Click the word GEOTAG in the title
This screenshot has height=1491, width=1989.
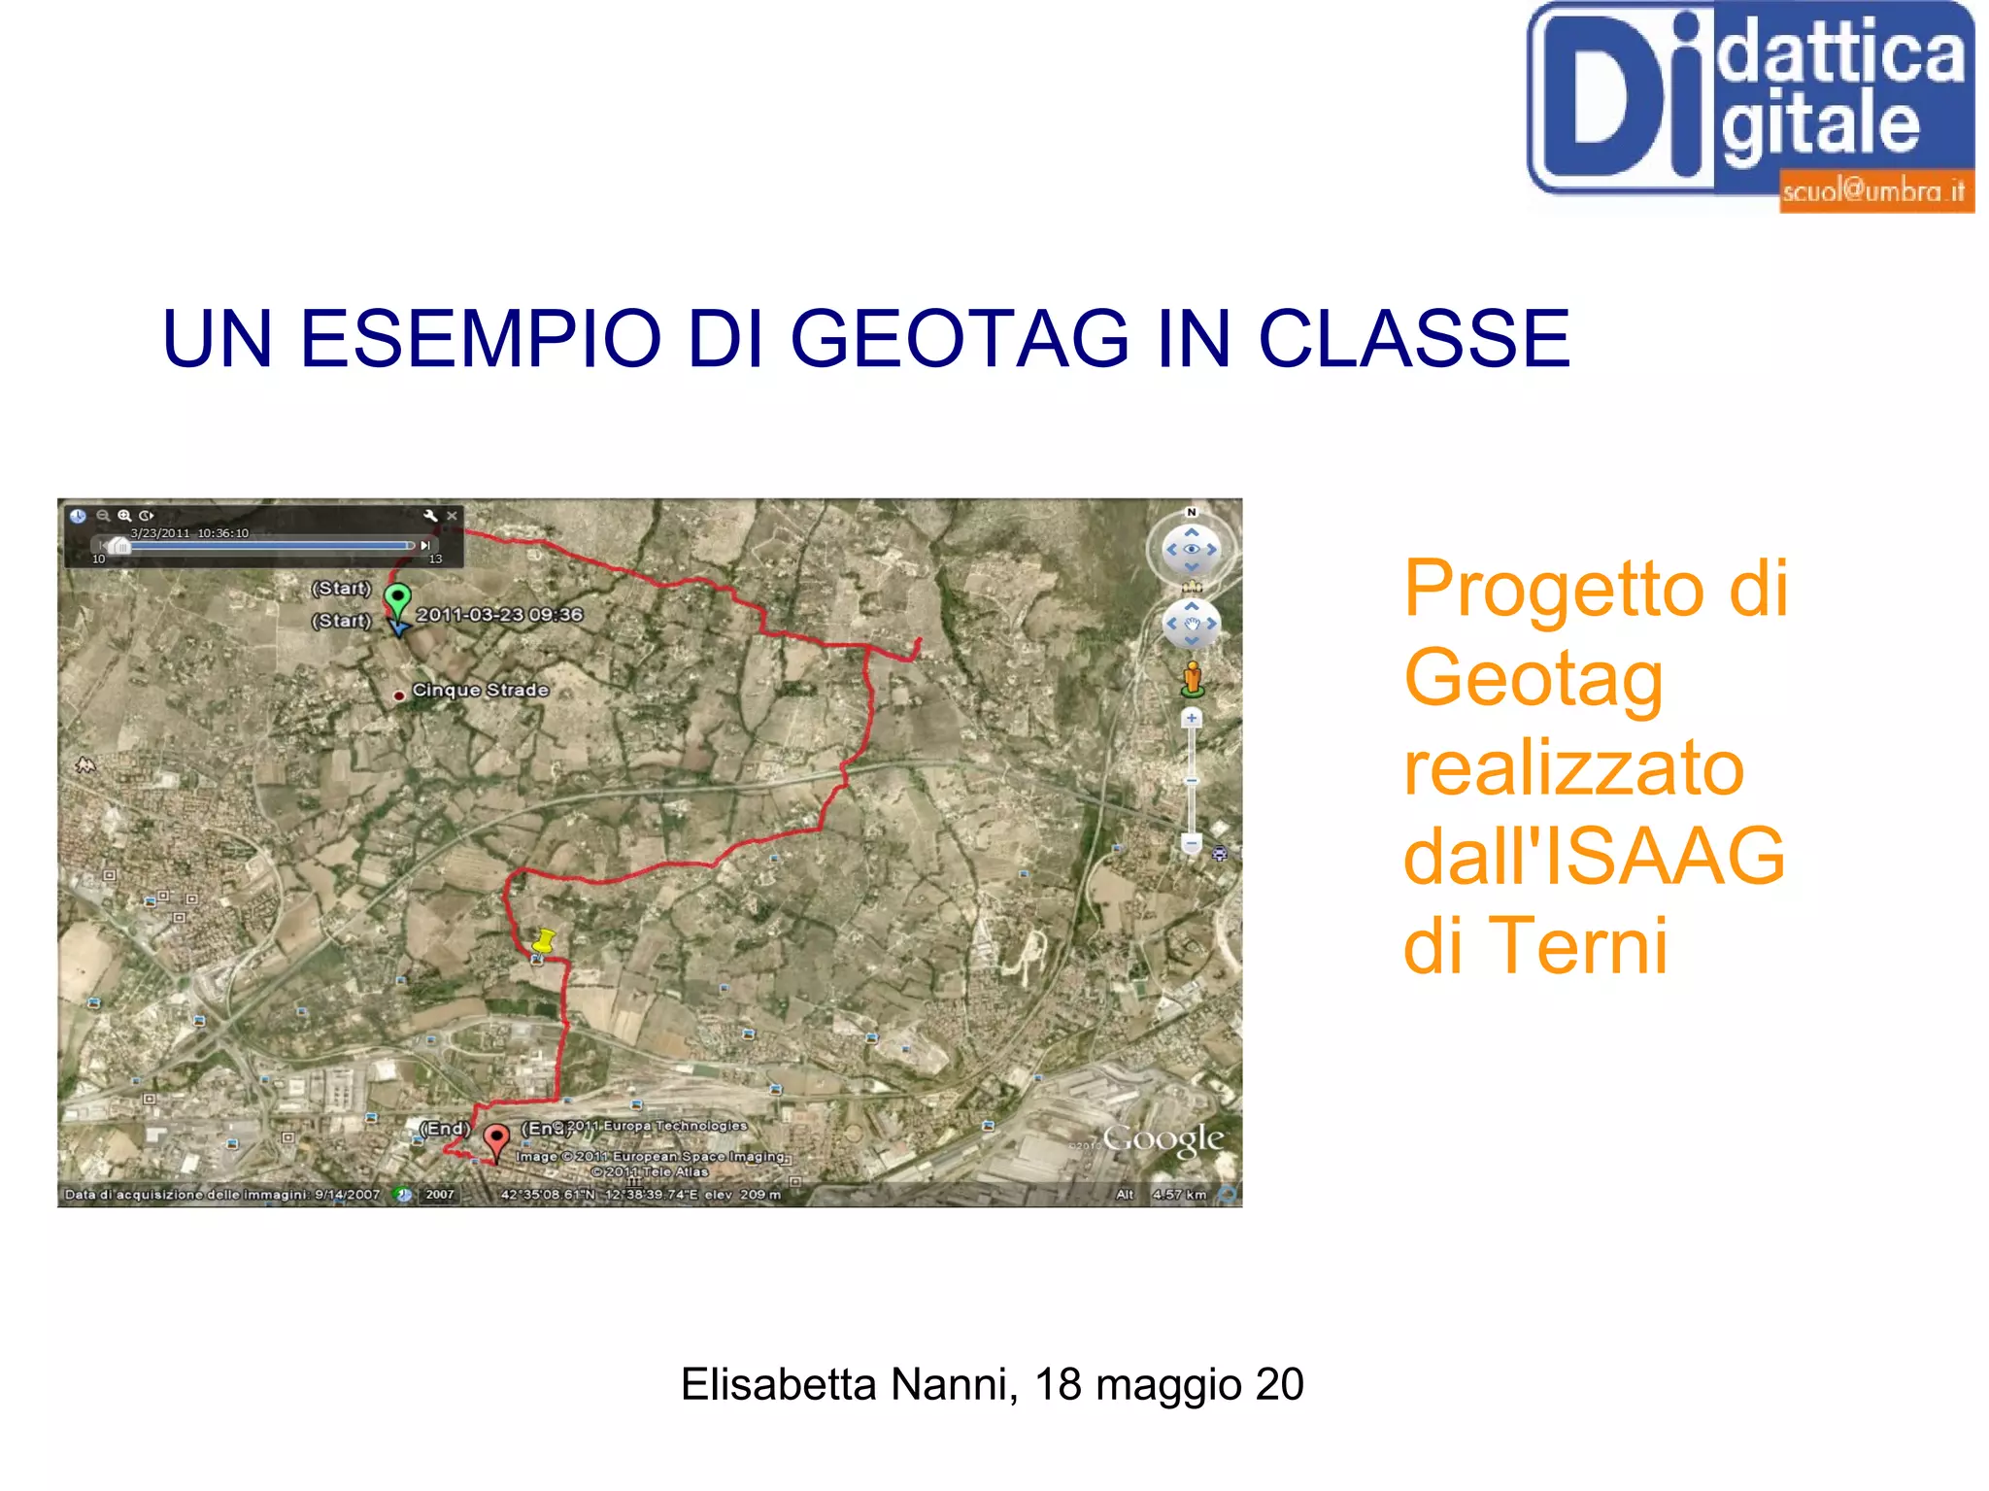pos(960,339)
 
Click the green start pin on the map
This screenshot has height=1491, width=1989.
pos(397,598)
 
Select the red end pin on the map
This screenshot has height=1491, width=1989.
pos(496,1139)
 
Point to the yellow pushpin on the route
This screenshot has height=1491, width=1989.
pos(544,940)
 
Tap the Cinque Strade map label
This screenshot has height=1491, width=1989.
pos(480,690)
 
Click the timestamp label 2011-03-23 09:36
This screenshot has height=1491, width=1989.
pos(499,615)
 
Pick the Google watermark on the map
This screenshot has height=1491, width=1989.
pos(1163,1139)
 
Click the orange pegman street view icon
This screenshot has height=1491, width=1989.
pos(1192,678)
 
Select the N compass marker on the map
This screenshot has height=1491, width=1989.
pos(1192,512)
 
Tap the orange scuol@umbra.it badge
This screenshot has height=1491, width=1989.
pos(1874,191)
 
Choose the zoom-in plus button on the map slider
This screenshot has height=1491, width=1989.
pos(1192,718)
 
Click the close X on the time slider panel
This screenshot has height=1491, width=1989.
pos(452,516)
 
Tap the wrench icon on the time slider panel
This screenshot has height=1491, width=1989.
pos(430,516)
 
